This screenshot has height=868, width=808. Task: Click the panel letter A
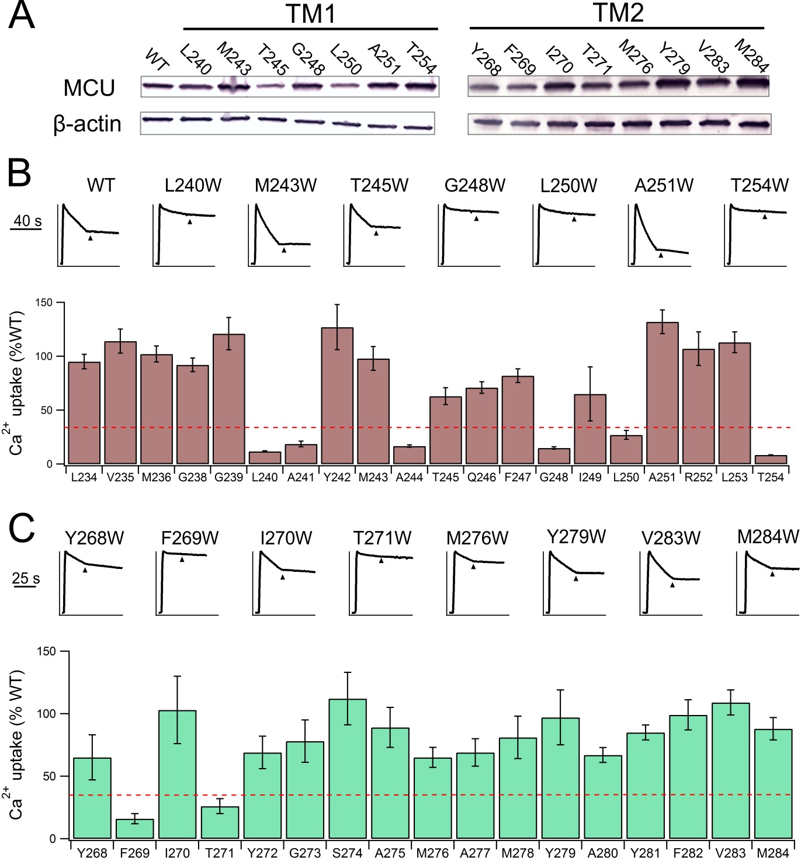click(22, 16)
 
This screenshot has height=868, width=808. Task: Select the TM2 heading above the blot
click(618, 13)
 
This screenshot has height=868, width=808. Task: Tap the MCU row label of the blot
click(89, 88)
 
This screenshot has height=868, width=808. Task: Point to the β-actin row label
click(87, 124)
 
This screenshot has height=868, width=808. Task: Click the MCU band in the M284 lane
click(752, 83)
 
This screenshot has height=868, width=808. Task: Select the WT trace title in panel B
click(101, 186)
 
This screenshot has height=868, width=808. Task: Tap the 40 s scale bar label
click(27, 221)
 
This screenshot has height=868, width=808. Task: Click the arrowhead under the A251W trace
click(661, 255)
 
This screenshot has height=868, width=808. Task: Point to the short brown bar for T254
click(771, 460)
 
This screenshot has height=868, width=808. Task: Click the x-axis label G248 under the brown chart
click(553, 477)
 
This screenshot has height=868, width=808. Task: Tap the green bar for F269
click(135, 829)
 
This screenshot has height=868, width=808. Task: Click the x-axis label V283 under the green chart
click(730, 853)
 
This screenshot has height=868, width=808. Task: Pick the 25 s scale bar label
click(26, 578)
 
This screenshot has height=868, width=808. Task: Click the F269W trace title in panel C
click(190, 538)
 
